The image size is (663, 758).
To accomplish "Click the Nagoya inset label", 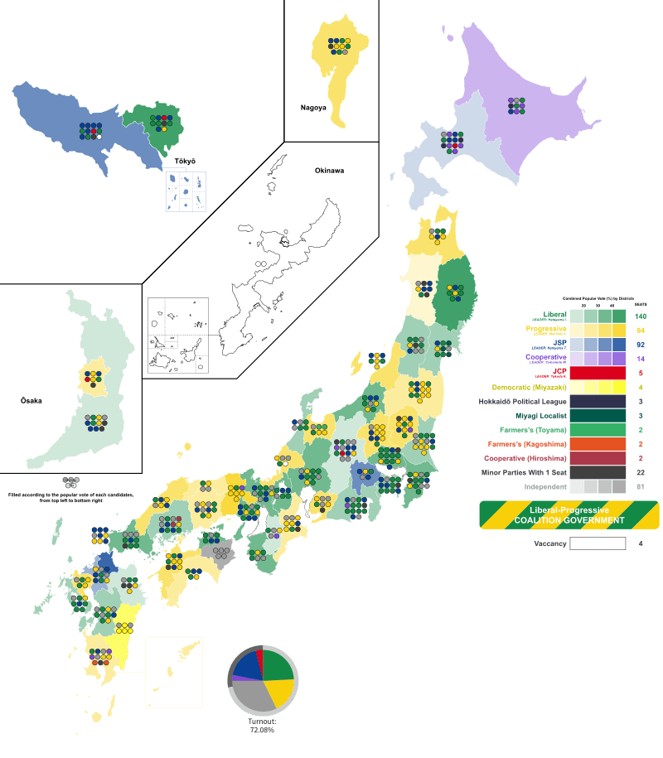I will click(x=313, y=108).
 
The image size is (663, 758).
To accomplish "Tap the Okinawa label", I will click(x=328, y=171).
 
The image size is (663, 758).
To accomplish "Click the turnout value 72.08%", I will click(x=262, y=730).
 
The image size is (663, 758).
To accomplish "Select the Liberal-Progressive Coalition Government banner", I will click(x=569, y=514).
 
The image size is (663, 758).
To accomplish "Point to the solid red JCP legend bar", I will click(x=598, y=373).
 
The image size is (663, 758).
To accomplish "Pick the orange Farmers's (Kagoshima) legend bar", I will click(x=598, y=443).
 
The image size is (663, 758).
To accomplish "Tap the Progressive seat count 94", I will click(x=641, y=331).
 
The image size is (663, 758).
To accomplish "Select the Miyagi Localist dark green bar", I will click(x=598, y=415).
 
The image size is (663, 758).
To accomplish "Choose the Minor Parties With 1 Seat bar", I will click(x=598, y=472).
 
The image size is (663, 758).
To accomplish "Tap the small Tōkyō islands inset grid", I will click(x=184, y=191).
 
